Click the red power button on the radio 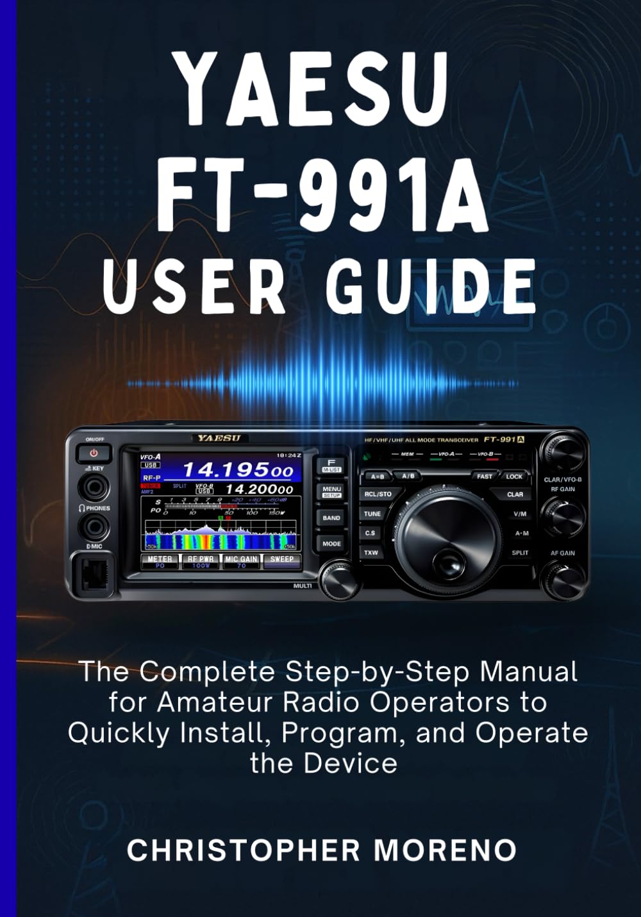94,453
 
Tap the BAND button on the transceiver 331,518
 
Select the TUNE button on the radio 372,514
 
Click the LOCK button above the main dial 514,476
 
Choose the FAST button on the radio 485,476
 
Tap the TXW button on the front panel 371,552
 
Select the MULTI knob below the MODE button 339,580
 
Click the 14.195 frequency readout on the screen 237,471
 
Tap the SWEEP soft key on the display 281,561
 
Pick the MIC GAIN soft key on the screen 241,561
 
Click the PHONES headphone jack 94,528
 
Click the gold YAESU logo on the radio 219,439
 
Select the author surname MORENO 445,850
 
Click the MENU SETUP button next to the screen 331,491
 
